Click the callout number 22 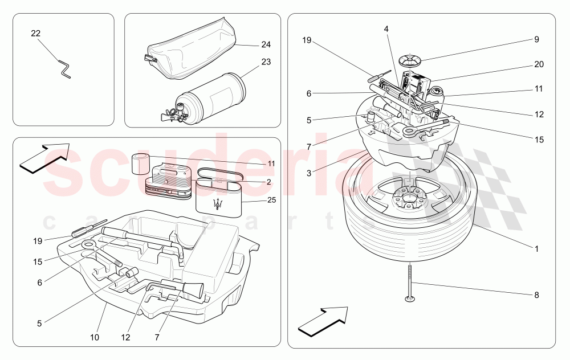35,34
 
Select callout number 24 266,44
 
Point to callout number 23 266,62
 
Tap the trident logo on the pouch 217,204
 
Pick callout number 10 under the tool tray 95,337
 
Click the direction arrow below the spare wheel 323,320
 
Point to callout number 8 535,295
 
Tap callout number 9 536,39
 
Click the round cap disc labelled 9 410,59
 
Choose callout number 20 539,64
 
